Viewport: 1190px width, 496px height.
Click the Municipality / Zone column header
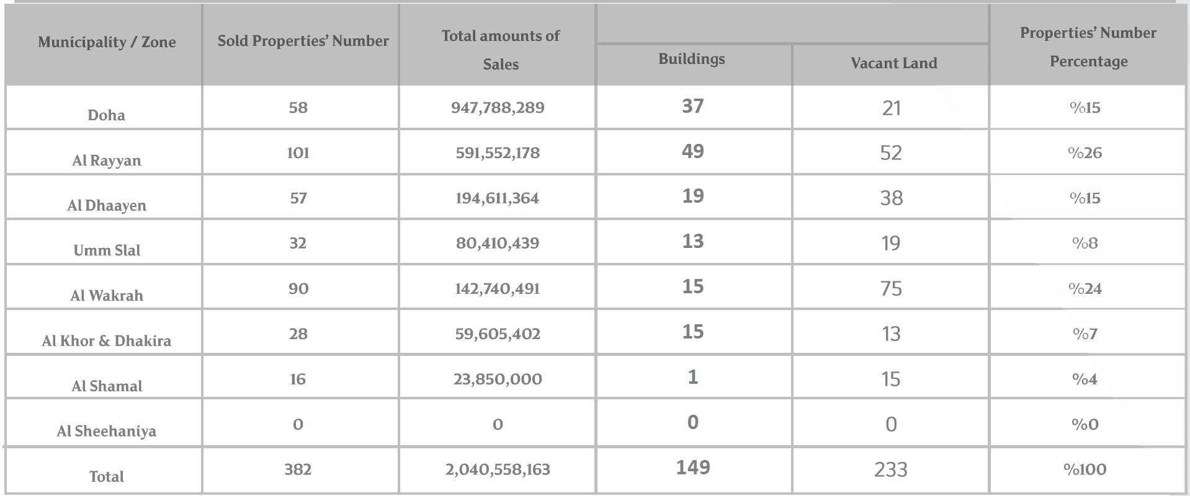click(x=107, y=42)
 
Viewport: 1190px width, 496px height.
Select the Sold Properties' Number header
click(x=303, y=41)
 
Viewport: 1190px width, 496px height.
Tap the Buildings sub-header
click(x=691, y=59)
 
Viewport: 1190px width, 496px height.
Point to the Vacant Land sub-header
click(x=893, y=63)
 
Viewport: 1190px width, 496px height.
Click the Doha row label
click(x=106, y=115)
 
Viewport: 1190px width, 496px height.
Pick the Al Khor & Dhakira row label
click(x=106, y=341)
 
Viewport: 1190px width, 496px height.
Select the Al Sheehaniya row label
click(x=106, y=432)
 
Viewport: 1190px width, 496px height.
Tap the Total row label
click(x=106, y=477)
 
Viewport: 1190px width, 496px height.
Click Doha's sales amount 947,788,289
click(x=498, y=108)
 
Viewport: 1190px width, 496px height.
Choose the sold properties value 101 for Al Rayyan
click(x=298, y=153)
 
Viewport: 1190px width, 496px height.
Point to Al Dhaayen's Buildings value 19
click(x=692, y=197)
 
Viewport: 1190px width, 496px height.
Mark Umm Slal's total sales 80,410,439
click(x=498, y=243)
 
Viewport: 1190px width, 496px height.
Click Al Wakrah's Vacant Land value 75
click(x=891, y=289)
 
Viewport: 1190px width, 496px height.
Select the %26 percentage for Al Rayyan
click(x=1085, y=153)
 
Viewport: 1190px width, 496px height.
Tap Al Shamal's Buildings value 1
click(x=692, y=378)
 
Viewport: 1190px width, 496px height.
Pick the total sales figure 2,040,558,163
click(x=498, y=469)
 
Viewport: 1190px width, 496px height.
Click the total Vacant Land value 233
click(x=891, y=470)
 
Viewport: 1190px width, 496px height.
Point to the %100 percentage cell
click(x=1085, y=469)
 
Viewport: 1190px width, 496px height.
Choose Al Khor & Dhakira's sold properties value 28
click(x=298, y=334)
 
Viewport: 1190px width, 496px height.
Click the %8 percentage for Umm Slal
click(x=1085, y=243)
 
